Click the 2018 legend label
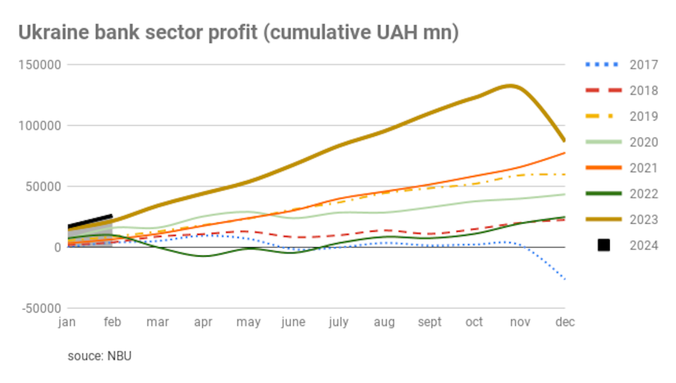(x=642, y=91)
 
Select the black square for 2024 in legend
(x=604, y=246)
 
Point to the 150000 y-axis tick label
(x=39, y=65)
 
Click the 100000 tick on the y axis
(x=39, y=125)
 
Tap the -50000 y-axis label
(x=41, y=308)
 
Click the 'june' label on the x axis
(x=293, y=322)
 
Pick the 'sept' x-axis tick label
(x=430, y=322)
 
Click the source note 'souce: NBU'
(x=99, y=356)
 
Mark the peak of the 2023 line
(x=511, y=86)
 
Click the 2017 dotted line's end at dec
(x=563, y=279)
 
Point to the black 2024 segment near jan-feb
(x=90, y=221)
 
